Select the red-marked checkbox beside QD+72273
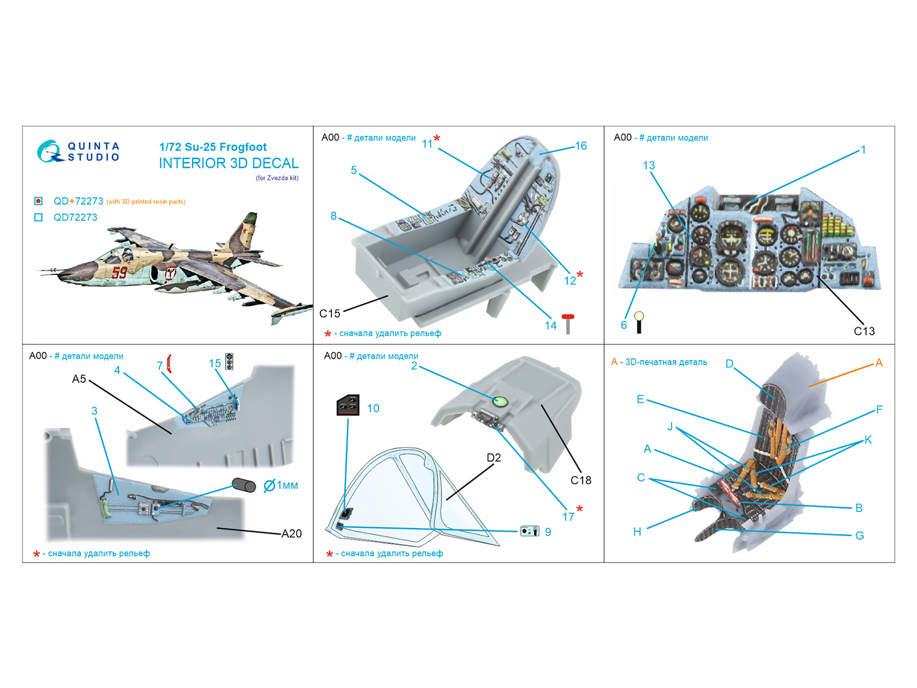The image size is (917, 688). point(38,201)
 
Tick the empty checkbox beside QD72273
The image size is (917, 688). point(38,217)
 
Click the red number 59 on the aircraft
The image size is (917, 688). point(120,272)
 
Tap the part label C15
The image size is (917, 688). point(330,314)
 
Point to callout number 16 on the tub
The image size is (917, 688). point(581,146)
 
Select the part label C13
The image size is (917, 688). point(864,331)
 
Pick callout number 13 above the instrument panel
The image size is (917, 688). point(648,166)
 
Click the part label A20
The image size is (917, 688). point(291,534)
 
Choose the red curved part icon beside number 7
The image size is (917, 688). point(169,364)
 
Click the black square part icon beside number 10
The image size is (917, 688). point(348,405)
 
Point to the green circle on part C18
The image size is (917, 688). point(500,401)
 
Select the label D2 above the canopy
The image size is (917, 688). point(493,458)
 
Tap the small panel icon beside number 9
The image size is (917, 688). point(530,531)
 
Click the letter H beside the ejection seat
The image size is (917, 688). point(637,531)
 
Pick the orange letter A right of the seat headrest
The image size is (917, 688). point(879,363)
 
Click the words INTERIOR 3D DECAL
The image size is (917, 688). point(229,163)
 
